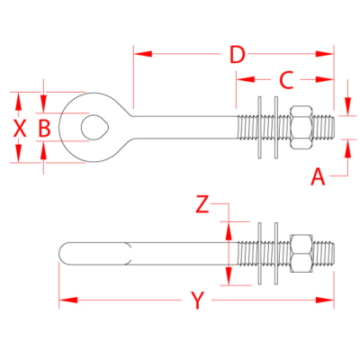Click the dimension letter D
coord(235,54)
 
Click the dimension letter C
coord(285,80)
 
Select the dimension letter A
coord(317,176)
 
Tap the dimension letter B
coord(43,129)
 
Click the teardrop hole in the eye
coord(93,127)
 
